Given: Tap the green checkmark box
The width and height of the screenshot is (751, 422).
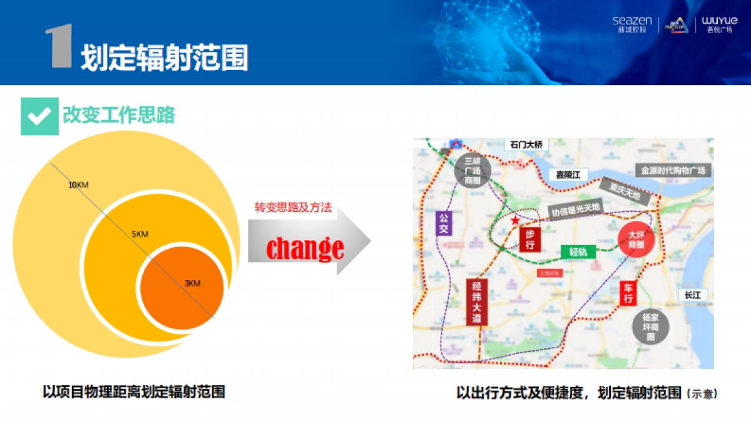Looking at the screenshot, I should pos(39,116).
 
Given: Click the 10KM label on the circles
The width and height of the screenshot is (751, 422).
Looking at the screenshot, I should pos(78,185).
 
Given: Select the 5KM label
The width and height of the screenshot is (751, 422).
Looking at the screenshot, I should pos(140,234).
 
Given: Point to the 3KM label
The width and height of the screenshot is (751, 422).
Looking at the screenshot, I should pos(192,284).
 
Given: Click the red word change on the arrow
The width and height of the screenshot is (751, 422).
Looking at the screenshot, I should pos(305,248).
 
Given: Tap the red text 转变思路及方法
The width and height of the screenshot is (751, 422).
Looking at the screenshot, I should pos(292,208).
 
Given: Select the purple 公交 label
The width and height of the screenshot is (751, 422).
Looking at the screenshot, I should pos(443,223).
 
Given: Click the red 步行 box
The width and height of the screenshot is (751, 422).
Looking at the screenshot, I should pos(529,239).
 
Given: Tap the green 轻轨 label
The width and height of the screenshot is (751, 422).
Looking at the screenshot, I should pos(578,252).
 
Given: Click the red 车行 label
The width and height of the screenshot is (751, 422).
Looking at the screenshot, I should pos(628,294).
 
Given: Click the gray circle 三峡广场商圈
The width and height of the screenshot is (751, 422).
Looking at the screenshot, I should pos(472,171).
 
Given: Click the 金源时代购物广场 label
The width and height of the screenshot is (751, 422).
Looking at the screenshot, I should pos(673,170).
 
